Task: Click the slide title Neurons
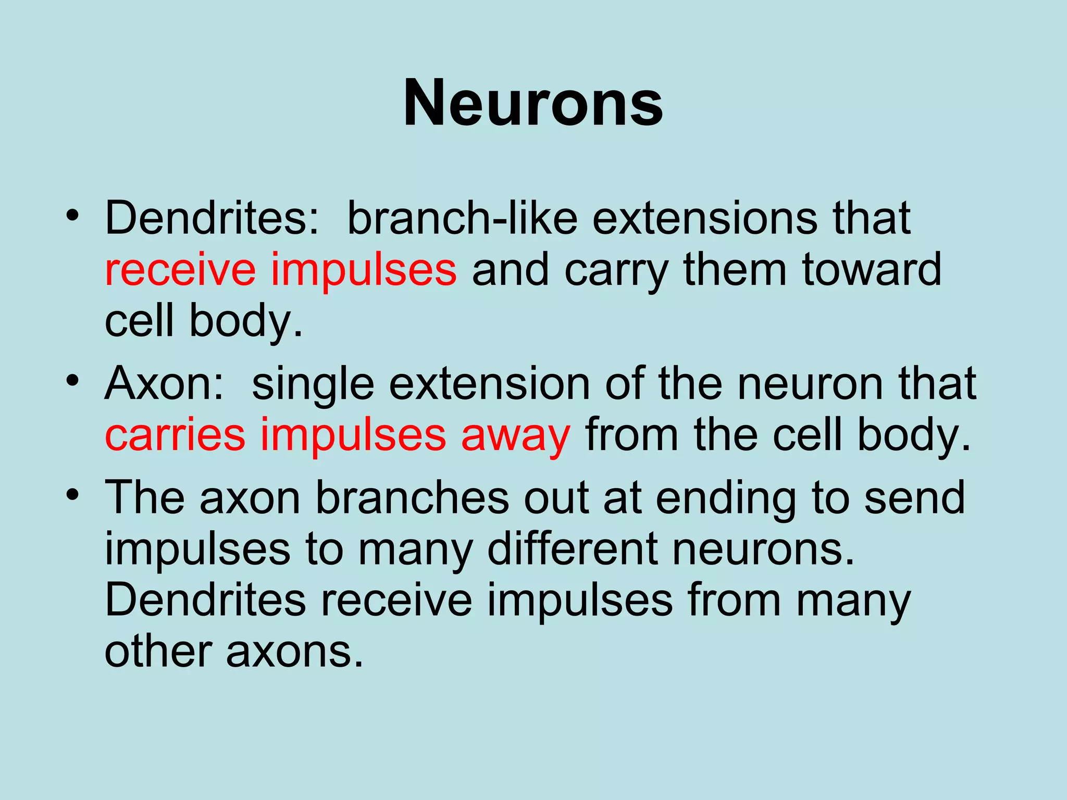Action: (x=533, y=103)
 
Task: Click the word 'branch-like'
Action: (x=462, y=218)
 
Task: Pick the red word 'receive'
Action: (x=180, y=269)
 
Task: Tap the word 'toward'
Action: (x=872, y=269)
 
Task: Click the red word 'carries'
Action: (x=175, y=434)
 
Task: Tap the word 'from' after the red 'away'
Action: (x=632, y=434)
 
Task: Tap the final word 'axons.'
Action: (x=294, y=652)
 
